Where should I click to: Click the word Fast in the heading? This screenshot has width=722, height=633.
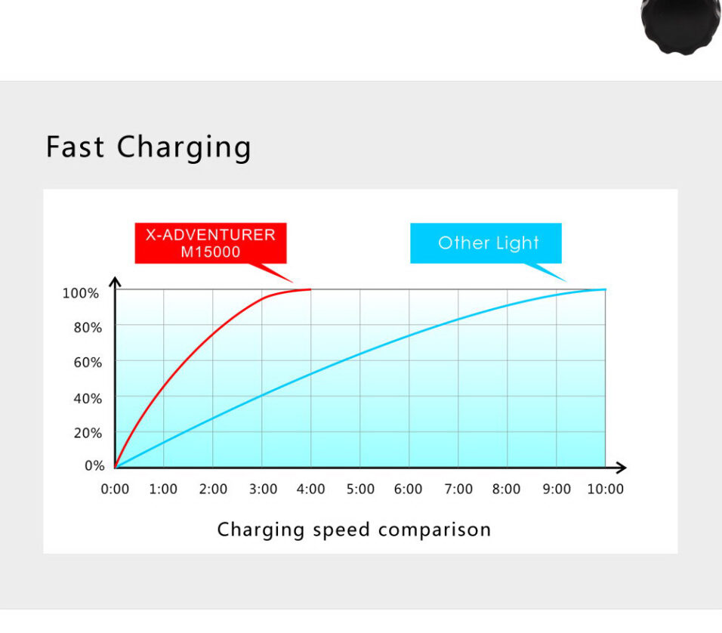[x=75, y=147]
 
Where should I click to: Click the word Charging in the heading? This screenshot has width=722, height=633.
[x=184, y=148]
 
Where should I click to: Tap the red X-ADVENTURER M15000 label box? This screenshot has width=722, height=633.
[x=211, y=243]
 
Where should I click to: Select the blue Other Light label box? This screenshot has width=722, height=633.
[x=486, y=243]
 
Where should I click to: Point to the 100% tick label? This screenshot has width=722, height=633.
[x=81, y=293]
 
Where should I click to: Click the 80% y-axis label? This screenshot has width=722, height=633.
[x=88, y=328]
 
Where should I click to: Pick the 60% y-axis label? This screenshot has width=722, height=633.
[x=88, y=363]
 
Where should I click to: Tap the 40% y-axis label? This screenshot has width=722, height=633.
[x=88, y=399]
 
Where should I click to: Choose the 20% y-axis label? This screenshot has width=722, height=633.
[x=88, y=433]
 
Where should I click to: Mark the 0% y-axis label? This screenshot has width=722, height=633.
[x=94, y=466]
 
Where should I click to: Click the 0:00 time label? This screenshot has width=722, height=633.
[x=115, y=489]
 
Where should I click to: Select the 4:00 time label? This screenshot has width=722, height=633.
[x=311, y=489]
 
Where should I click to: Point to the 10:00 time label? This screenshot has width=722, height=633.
[x=606, y=489]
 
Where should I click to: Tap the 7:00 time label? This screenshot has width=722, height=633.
[x=458, y=489]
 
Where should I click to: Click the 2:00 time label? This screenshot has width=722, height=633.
[x=213, y=489]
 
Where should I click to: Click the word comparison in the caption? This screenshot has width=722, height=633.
[x=434, y=530]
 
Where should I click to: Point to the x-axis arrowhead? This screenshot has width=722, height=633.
[x=621, y=468]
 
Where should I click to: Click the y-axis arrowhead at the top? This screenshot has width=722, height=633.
[x=115, y=282]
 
